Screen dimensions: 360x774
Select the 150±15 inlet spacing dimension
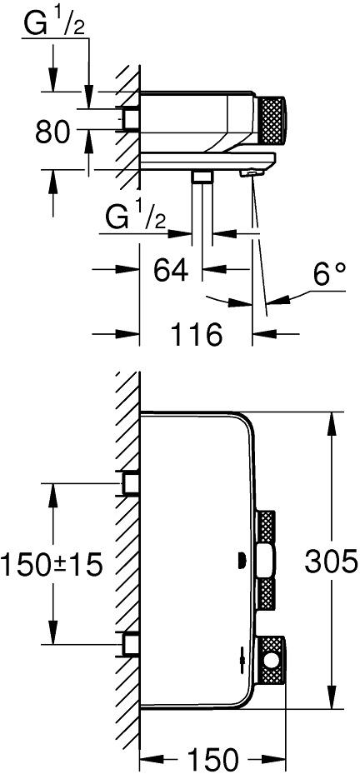[52, 564]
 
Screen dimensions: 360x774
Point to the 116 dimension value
[197, 336]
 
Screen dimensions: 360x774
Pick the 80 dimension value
[52, 131]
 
